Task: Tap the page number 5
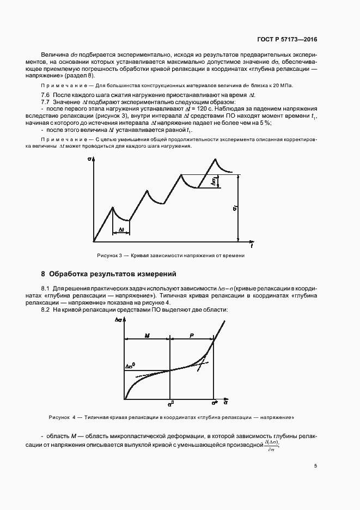(315, 466)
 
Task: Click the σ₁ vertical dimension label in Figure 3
(234, 208)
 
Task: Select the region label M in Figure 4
(147, 336)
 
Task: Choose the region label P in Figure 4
(191, 336)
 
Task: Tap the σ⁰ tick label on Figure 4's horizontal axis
(170, 404)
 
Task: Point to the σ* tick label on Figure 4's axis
(215, 404)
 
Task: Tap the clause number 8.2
(46, 309)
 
